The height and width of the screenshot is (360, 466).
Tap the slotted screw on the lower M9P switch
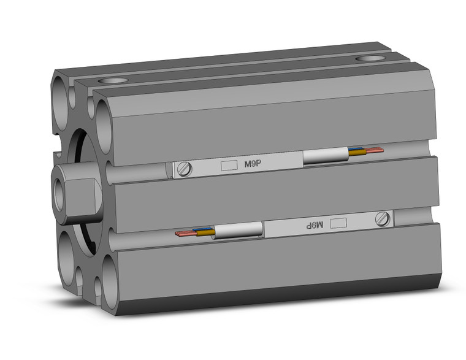pos(384,218)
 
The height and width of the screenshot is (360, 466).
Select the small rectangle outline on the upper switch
pos(228,165)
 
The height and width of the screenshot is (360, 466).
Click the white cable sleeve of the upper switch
pos(325,157)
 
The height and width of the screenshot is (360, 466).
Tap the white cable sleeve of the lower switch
pos(239,231)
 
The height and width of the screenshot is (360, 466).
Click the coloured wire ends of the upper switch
pos(366,150)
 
